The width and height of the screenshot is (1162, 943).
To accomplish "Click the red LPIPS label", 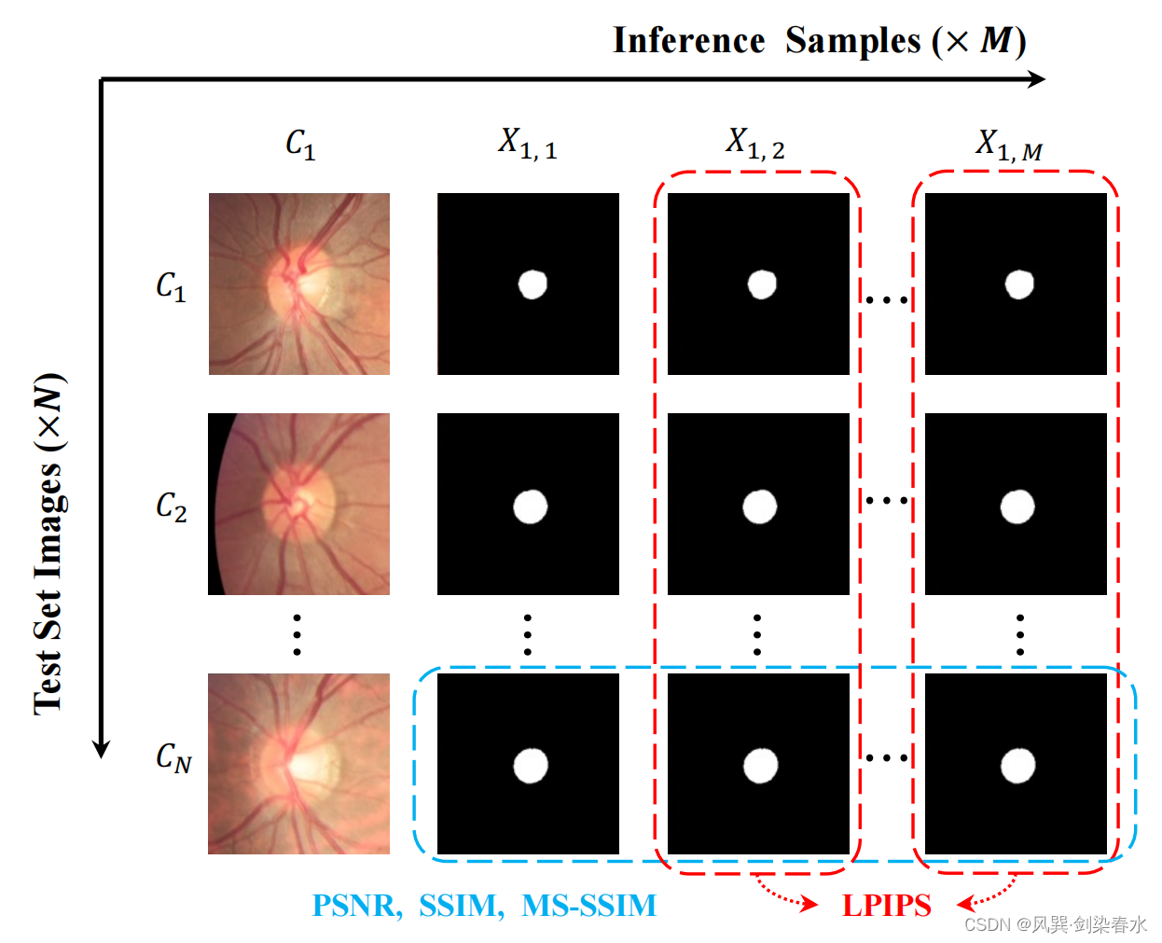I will pos(886,905).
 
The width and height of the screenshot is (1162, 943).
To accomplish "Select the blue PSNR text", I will pos(355,905).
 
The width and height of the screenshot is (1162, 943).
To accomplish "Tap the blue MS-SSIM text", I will pos(588,905).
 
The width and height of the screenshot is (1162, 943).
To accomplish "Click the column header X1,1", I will pos(527,144).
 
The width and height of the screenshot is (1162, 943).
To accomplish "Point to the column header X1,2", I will pos(755,144).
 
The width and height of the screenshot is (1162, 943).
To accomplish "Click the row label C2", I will pos(172,506).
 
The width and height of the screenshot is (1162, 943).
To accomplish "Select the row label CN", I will pos(173,757).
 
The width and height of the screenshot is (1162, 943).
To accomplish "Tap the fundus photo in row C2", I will pos(298,504).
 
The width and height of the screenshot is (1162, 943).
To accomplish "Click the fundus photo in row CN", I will pos(298,763).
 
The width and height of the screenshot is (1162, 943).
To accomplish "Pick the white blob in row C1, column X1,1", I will pos(533,284).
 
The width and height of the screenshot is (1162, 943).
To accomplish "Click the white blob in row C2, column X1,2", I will pos(759,506).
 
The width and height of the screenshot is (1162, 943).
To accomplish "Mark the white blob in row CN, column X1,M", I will pos(1017,766).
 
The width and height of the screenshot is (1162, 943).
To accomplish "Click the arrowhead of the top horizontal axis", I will pos(1037,79).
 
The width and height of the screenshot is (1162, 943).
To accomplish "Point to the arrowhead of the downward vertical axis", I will pos(101,749).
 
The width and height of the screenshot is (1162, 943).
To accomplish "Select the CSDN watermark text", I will pos(1055,923).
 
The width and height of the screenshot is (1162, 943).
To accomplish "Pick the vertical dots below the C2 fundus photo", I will pos(297,634).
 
